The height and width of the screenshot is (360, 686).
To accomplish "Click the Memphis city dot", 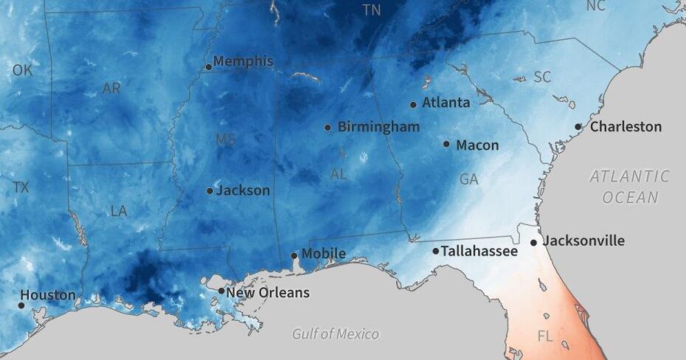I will (x=209, y=67).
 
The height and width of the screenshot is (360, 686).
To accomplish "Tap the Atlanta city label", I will (x=446, y=103).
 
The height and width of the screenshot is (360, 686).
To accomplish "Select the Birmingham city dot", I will (x=328, y=128).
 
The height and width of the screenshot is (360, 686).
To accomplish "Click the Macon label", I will (x=477, y=145).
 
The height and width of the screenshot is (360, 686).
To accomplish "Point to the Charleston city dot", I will (x=578, y=127).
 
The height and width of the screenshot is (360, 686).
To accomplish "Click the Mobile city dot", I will (x=294, y=256).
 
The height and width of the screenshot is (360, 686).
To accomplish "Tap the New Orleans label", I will (x=267, y=293).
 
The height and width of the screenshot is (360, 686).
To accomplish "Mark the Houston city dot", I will (x=22, y=305).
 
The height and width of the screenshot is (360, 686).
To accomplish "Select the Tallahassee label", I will (x=479, y=252).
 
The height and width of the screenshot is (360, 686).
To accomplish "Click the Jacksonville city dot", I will (x=533, y=243).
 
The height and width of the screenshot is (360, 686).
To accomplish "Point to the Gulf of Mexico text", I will (x=335, y=334).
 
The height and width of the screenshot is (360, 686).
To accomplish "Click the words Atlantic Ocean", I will (x=629, y=187).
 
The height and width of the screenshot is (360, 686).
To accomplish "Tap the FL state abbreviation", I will (x=545, y=336).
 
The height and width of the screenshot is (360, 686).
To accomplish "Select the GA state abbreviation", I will (x=468, y=179).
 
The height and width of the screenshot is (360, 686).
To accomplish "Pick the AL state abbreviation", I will (x=339, y=175).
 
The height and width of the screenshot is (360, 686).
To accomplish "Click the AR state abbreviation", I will (x=111, y=89).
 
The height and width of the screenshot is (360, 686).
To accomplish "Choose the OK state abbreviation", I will (x=22, y=71).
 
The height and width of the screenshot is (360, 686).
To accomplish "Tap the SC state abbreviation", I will (x=542, y=77).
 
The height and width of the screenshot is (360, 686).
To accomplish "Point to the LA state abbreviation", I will (x=119, y=211).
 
